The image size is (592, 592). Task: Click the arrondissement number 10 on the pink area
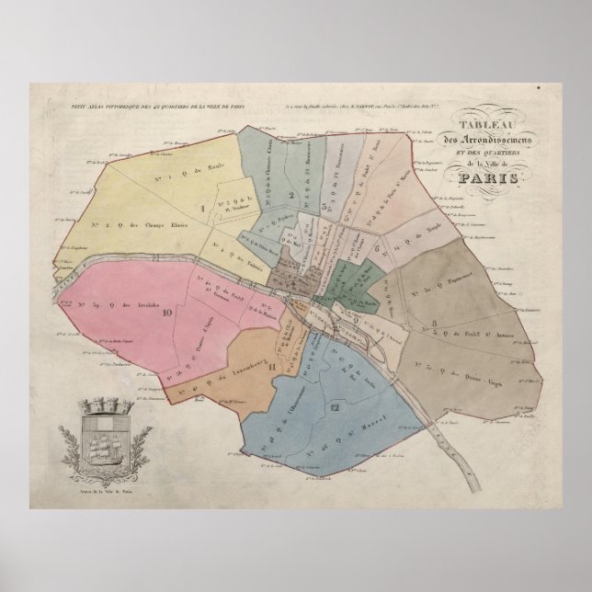tap(167, 312)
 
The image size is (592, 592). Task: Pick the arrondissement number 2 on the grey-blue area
tap(290, 195)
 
